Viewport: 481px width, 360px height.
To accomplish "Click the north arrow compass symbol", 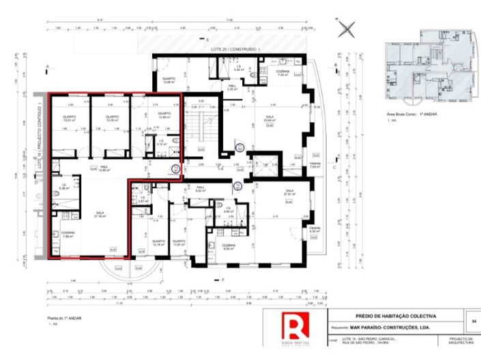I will [x=348, y=29].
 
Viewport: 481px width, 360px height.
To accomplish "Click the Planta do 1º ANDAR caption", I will [x=64, y=318].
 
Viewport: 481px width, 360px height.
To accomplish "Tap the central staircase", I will [x=199, y=127].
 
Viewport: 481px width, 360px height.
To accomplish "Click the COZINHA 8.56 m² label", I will [x=227, y=247].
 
